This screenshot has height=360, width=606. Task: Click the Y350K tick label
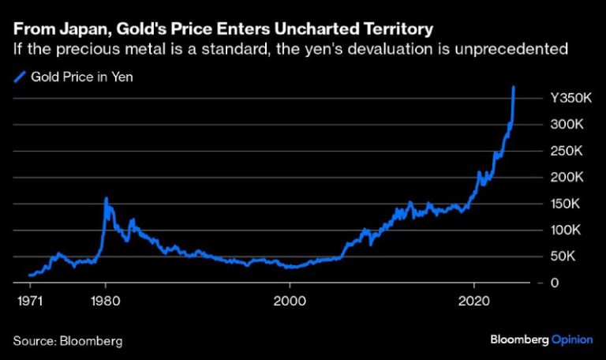(x=570, y=99)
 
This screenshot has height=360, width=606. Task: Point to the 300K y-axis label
(x=567, y=125)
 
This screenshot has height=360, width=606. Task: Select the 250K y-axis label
(x=567, y=151)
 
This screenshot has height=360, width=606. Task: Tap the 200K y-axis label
(x=567, y=178)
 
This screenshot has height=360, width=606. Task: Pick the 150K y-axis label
(x=567, y=204)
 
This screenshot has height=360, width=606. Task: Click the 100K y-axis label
(x=567, y=231)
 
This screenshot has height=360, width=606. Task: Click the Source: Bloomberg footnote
(x=68, y=341)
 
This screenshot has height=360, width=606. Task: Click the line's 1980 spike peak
(x=106, y=198)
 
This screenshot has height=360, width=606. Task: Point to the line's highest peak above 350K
(x=514, y=88)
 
